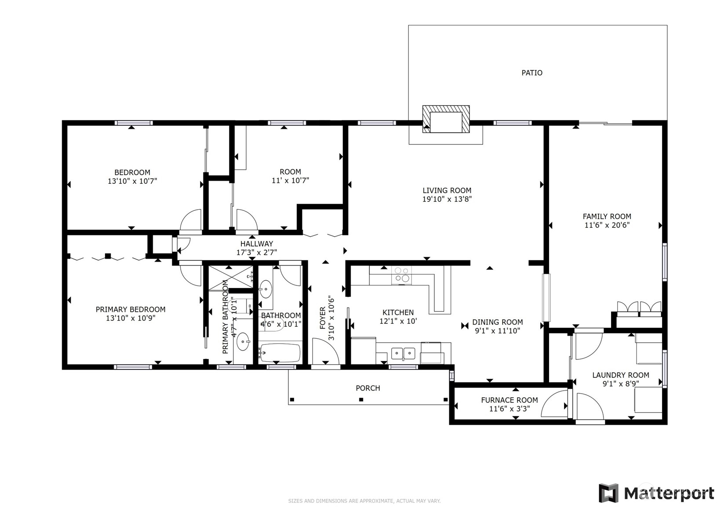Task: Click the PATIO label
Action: pos(532,73)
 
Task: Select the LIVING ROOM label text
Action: pos(447,190)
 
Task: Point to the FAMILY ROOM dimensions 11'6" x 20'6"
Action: pos(607,225)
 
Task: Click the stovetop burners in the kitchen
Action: pos(401,275)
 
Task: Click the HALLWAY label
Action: pos(257,244)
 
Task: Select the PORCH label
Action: pos(368,388)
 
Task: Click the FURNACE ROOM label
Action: pos(509,400)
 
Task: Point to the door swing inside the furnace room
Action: pos(554,403)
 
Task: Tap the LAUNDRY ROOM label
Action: pos(621,375)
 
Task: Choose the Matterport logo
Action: pos(656,493)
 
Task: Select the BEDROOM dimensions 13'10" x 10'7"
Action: pos(132,181)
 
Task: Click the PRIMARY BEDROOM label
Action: pos(131,310)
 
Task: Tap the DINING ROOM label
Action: pos(498,322)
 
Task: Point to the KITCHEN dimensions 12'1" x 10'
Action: pos(398,321)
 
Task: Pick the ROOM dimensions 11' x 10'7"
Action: pos(290,180)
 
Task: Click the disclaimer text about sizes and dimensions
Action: pos(364,501)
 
